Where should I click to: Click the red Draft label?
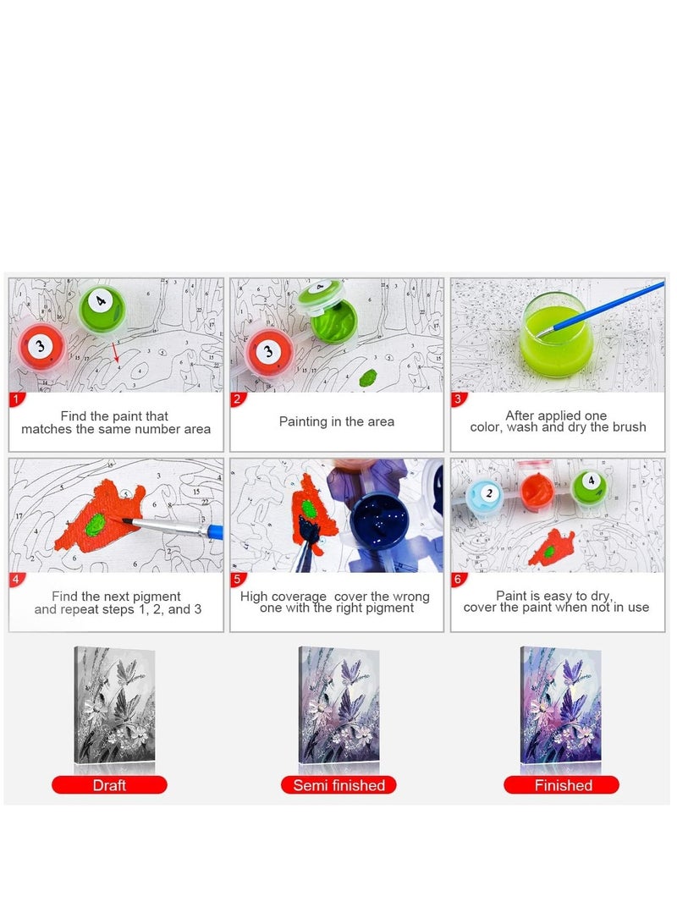tap(110, 785)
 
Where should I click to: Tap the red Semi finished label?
tap(338, 785)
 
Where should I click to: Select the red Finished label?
tap(562, 785)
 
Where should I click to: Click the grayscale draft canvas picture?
tap(114, 705)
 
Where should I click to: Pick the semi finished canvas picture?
tap(338, 705)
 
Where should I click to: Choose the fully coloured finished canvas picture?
tap(560, 705)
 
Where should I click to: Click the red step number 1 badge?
tap(16, 399)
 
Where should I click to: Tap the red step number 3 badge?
tap(458, 399)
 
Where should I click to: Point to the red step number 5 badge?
tap(237, 579)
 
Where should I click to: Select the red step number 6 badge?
tap(458, 579)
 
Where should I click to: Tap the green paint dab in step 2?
tap(368, 377)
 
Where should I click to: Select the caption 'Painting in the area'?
tap(337, 421)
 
